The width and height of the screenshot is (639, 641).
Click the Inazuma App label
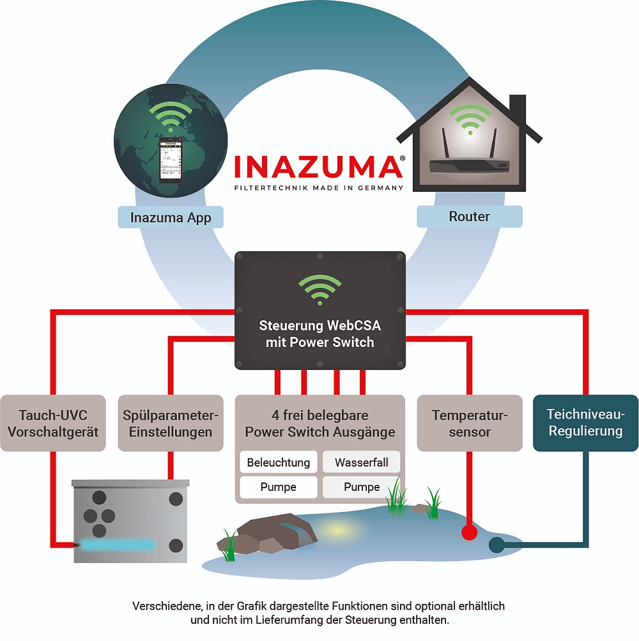pyautogui.click(x=171, y=217)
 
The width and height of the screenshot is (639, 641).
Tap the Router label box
pyautogui.click(x=469, y=217)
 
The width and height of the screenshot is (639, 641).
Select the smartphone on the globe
pyautogui.click(x=171, y=159)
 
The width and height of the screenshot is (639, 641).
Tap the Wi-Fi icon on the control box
pyautogui.click(x=320, y=290)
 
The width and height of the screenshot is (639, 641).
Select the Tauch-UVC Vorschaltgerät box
pyautogui.click(x=53, y=423)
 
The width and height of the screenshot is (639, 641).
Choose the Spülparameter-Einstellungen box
pyautogui.click(x=171, y=423)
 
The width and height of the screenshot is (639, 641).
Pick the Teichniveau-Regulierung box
pyautogui.click(x=585, y=422)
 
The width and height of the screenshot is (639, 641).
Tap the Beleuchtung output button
pyautogui.click(x=278, y=462)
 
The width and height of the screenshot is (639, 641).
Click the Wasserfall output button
pyautogui.click(x=361, y=462)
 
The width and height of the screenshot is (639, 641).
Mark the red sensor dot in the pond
pyautogui.click(x=470, y=532)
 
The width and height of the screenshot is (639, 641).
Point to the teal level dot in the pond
pyautogui.click(x=496, y=545)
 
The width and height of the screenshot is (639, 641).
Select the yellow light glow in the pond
pyautogui.click(x=339, y=530)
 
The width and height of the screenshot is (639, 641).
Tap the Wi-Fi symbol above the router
pyautogui.click(x=470, y=119)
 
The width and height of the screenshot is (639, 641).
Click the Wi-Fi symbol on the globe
pyautogui.click(x=171, y=117)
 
